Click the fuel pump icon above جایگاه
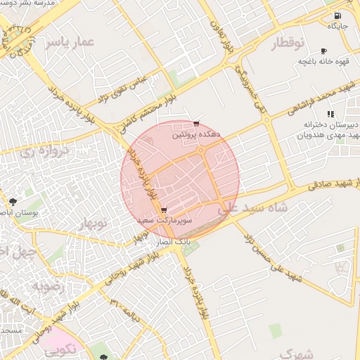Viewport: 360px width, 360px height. point(337,15)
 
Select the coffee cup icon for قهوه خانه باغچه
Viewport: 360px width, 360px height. point(323,51)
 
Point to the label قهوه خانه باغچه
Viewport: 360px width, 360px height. point(323,62)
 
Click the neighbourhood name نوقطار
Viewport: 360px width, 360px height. point(288,44)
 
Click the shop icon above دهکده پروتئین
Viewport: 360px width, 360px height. point(196,124)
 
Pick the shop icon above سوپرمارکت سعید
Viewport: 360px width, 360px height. point(164,210)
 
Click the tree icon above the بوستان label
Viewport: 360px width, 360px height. point(12,202)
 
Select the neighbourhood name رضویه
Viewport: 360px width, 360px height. point(50,287)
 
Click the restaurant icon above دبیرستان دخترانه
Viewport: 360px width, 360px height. point(330,114)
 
